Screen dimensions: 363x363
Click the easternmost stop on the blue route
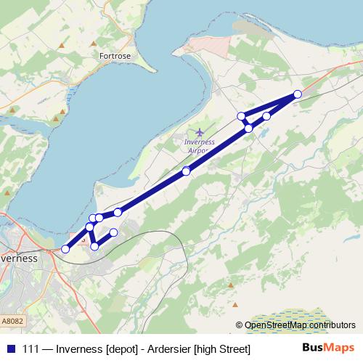point(298,94)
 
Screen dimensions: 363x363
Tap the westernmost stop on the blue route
point(65,249)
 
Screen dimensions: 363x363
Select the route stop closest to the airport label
point(187,171)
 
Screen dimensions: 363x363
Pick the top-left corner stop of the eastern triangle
point(242,116)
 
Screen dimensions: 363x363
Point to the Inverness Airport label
point(200,146)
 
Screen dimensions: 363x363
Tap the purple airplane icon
point(200,132)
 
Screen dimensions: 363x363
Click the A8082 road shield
point(12,320)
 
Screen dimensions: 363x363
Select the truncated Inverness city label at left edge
point(19,258)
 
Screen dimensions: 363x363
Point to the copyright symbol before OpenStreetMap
point(240,325)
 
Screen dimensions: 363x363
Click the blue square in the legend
point(10,348)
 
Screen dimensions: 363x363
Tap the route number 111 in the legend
point(31,349)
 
